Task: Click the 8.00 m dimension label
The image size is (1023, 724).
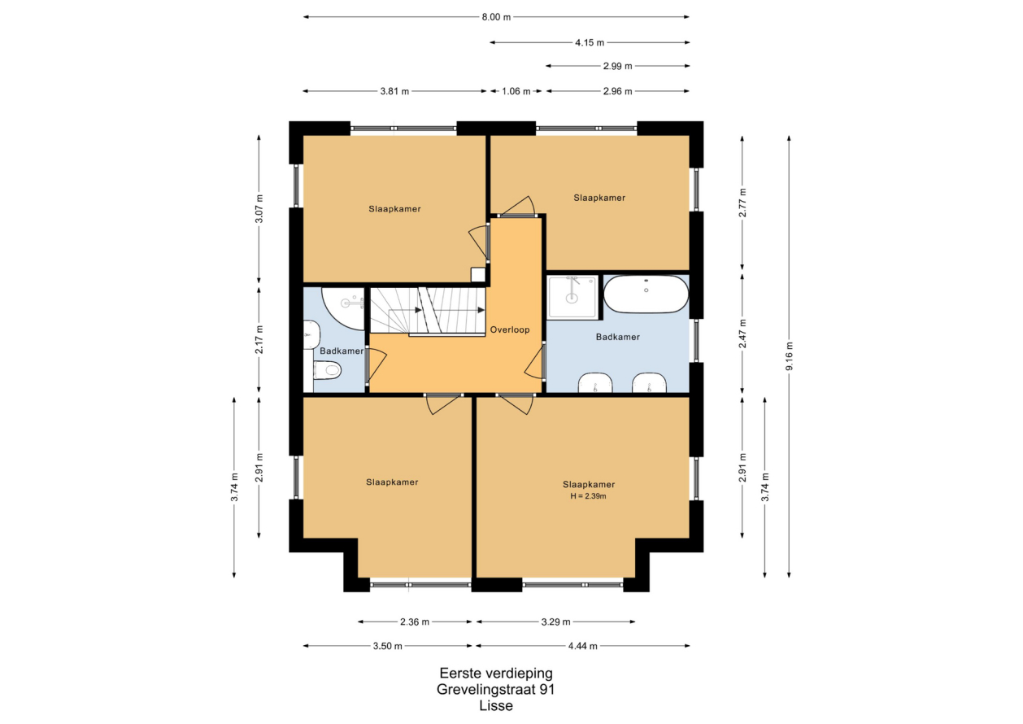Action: coord(496,17)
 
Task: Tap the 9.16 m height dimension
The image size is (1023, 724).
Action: coord(790,356)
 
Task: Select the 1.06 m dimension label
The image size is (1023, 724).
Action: coord(516,91)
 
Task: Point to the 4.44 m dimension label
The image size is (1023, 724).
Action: coord(583,646)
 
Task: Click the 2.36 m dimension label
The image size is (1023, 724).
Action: coord(415,622)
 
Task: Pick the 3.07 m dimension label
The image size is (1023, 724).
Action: coord(259,208)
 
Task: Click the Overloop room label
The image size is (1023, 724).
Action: coord(510,329)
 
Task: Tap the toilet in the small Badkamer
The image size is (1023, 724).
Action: coord(327,370)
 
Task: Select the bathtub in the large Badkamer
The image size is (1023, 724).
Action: coord(646,294)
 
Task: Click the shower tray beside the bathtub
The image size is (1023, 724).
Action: coord(572,297)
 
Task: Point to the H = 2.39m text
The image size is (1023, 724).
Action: coord(588,496)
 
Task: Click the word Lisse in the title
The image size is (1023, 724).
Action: coord(496,706)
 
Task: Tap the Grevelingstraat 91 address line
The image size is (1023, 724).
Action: coord(496,689)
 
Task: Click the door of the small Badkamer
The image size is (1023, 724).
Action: coord(376,365)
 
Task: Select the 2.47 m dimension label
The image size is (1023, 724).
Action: coord(742,334)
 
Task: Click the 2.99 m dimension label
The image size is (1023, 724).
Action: coord(617,66)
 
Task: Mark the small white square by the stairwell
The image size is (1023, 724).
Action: coord(477,274)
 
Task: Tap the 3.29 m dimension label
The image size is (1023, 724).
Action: coord(555,622)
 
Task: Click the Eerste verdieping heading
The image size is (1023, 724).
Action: coord(496,673)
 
